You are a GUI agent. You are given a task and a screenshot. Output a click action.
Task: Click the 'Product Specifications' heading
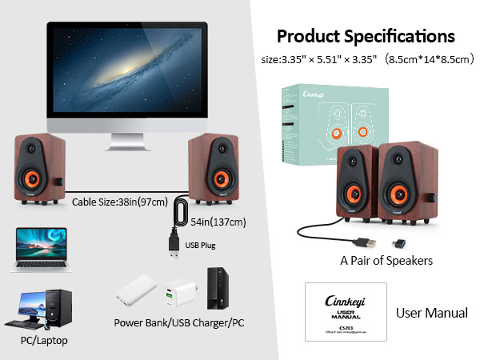pos(366,36)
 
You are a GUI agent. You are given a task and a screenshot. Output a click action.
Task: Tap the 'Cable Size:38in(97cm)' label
pos(107,202)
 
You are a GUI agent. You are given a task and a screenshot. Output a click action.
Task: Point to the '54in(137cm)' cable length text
pos(217,222)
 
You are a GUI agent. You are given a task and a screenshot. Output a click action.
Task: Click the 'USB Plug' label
pos(200,245)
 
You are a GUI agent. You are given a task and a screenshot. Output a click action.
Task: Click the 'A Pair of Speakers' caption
pos(386,260)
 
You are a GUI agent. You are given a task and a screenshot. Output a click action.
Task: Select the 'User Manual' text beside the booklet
pos(432,313)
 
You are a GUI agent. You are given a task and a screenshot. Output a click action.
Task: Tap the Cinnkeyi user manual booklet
pos(345,312)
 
